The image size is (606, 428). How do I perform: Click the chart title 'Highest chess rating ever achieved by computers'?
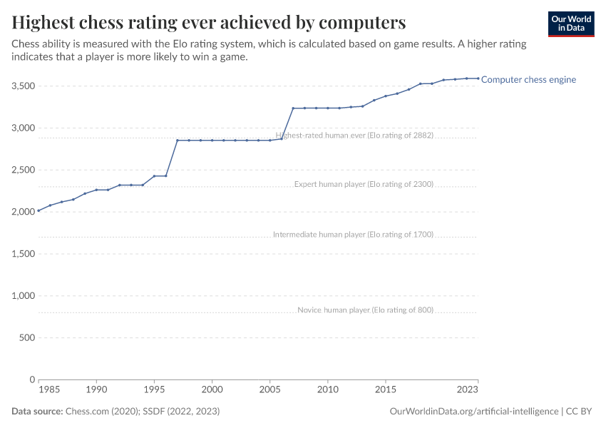[209, 22]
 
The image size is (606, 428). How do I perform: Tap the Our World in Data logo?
[571, 24]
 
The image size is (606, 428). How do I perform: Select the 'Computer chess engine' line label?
[528, 80]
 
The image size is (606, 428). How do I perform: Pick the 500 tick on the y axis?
[27, 338]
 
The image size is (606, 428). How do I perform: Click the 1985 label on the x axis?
[49, 390]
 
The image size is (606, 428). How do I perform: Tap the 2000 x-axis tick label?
[212, 390]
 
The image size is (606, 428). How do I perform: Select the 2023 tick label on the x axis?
[468, 390]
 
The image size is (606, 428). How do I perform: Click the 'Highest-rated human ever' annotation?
[354, 135]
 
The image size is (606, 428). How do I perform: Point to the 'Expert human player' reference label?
[364, 184]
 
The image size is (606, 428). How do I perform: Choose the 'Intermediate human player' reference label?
[353, 234]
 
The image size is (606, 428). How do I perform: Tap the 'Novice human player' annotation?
[365, 310]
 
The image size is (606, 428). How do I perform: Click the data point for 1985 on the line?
[38, 211]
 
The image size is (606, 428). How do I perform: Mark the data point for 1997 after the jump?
[178, 141]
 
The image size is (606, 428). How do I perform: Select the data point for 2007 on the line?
[293, 108]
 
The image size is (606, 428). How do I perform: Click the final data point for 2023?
[478, 78]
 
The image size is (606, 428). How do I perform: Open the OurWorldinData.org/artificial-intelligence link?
[474, 412]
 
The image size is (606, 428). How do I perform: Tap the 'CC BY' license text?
[580, 412]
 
